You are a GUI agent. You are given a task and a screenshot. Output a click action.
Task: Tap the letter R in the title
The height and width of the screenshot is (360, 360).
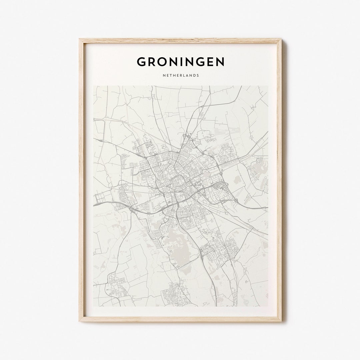click(153, 62)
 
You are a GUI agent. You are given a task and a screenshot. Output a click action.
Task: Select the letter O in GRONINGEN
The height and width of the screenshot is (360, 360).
click(164, 62)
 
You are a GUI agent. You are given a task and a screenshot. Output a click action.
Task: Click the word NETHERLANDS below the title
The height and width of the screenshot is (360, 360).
click(181, 75)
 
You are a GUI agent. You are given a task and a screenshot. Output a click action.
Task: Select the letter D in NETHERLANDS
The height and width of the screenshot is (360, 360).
click(194, 75)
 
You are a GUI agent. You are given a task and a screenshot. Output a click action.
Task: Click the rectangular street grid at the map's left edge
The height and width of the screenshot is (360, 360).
click(101, 199)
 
